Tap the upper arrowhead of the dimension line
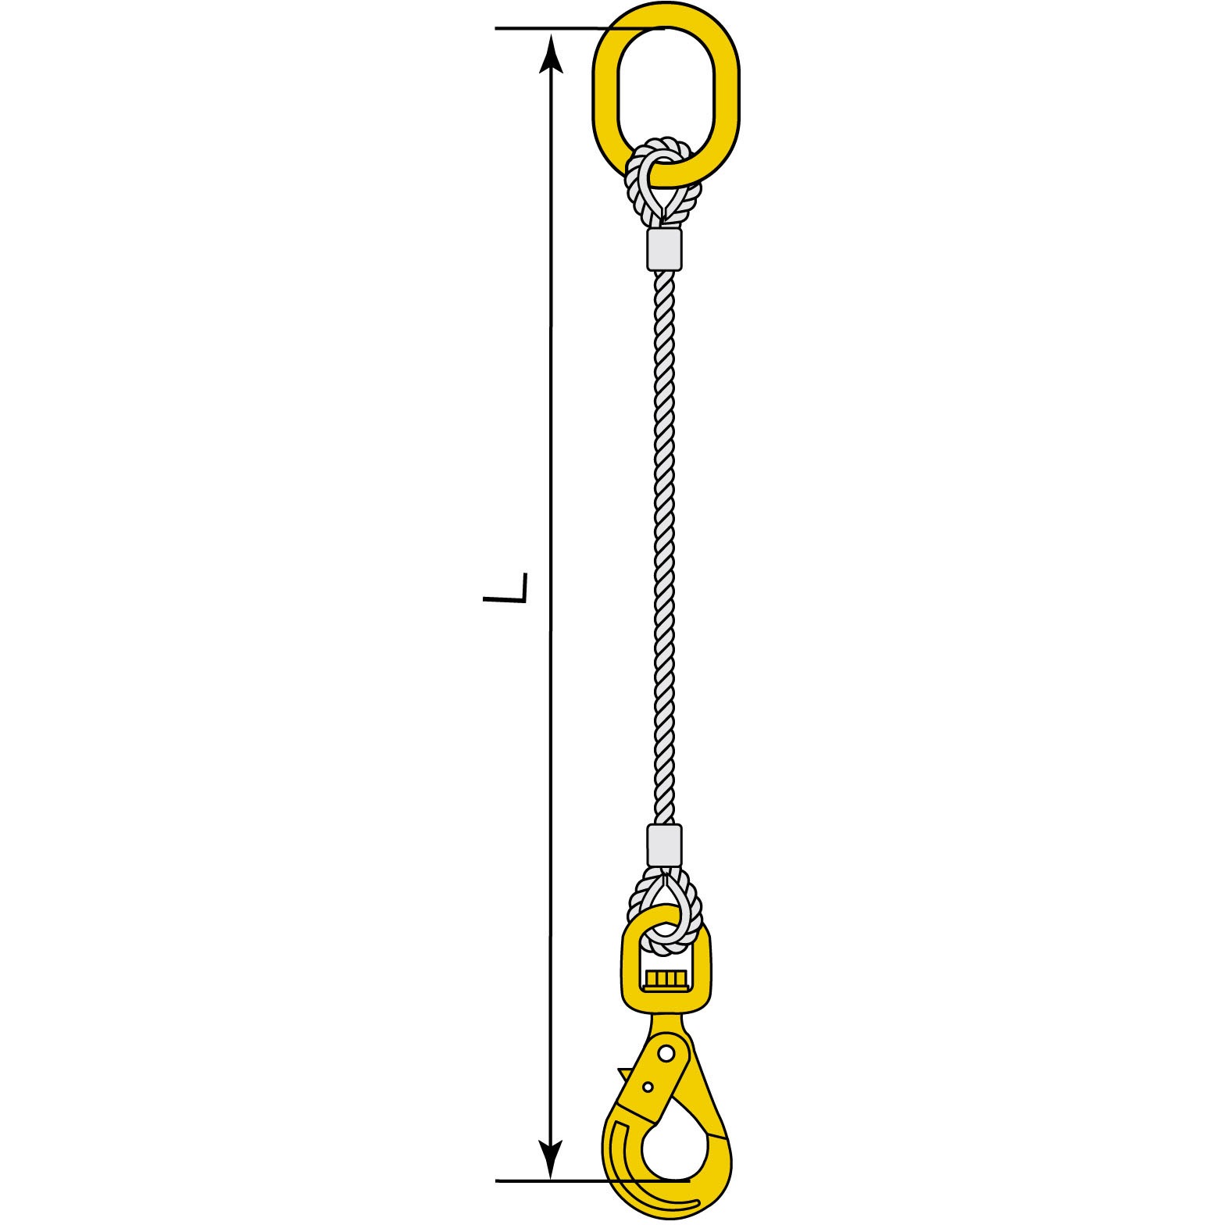[x=552, y=53]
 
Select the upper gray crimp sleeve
[x=665, y=249]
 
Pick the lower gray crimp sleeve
[x=665, y=845]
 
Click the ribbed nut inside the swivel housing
[x=666, y=980]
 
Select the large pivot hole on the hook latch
[x=666, y=1054]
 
